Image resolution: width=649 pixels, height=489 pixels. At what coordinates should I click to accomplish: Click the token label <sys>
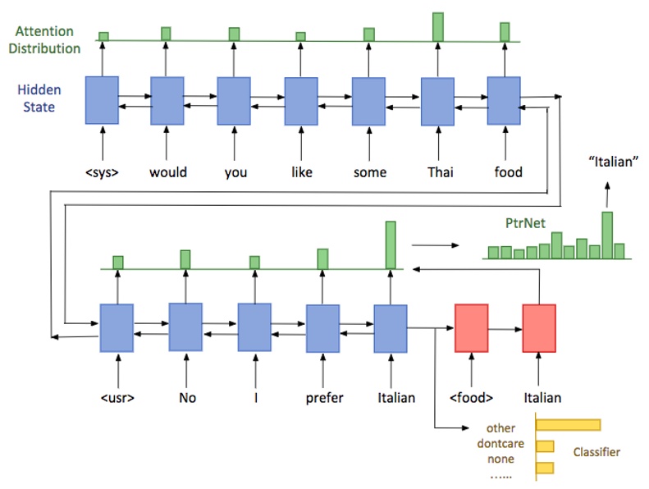click(x=103, y=172)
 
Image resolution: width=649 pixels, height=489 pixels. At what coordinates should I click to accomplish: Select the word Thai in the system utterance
click(x=438, y=172)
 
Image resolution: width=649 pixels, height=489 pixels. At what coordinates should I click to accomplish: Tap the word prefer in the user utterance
click(x=323, y=398)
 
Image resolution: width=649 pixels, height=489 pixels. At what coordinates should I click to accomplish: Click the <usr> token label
click(x=117, y=398)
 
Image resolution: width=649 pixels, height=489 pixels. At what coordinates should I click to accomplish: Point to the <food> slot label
click(x=472, y=398)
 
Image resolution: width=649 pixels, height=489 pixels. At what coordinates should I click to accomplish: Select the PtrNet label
click(x=526, y=222)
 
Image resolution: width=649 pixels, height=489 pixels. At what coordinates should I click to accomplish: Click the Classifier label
click(x=596, y=452)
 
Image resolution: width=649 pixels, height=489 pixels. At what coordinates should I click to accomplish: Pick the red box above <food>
click(x=471, y=328)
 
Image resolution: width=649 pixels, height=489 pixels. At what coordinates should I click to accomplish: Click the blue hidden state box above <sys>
click(x=102, y=100)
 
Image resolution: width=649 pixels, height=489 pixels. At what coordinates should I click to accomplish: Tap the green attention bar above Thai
click(x=438, y=27)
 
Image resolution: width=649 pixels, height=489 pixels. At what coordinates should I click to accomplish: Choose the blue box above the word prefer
click(x=322, y=328)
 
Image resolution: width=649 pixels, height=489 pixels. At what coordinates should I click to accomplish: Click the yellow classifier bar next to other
click(x=569, y=424)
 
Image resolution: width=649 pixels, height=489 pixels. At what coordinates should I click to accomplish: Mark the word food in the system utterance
click(x=508, y=172)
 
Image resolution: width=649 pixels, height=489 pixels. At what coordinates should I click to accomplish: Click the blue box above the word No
click(x=185, y=327)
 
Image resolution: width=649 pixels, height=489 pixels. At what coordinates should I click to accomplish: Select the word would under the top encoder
click(x=168, y=172)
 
